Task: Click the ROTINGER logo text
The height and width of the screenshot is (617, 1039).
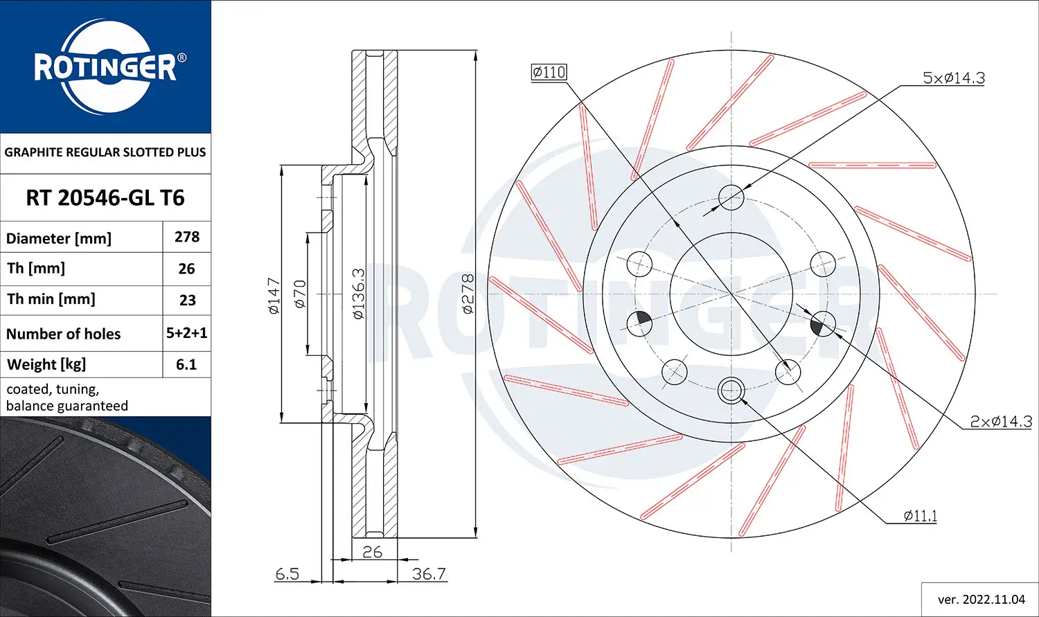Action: point(105,68)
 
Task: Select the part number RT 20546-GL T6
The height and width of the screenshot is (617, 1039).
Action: point(105,198)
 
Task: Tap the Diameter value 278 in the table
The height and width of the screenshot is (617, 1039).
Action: point(187,237)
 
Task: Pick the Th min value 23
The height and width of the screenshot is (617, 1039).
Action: point(187,301)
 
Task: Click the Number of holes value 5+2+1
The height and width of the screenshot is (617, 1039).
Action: point(187,333)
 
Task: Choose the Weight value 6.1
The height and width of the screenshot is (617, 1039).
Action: point(186,364)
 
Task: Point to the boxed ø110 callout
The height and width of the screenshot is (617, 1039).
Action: point(549,72)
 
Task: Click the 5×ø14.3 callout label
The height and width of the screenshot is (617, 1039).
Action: point(953,78)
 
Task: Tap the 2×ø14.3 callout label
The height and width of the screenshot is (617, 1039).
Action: point(1000,421)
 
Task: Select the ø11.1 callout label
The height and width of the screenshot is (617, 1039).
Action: point(920,516)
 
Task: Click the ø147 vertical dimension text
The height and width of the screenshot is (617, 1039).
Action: point(274,296)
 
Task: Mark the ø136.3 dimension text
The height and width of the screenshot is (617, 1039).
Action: point(358,294)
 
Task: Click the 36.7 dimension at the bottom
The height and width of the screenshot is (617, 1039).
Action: point(429,573)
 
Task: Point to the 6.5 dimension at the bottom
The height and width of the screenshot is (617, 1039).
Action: point(287,573)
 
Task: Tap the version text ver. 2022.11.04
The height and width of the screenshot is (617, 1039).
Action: point(981,599)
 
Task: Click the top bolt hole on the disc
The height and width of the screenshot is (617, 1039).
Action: point(731,197)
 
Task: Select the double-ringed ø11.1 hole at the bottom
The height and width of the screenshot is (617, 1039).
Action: point(731,390)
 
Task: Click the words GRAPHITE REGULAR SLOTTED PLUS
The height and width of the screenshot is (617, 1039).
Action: point(105,152)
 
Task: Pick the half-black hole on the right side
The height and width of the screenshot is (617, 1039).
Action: point(823,323)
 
